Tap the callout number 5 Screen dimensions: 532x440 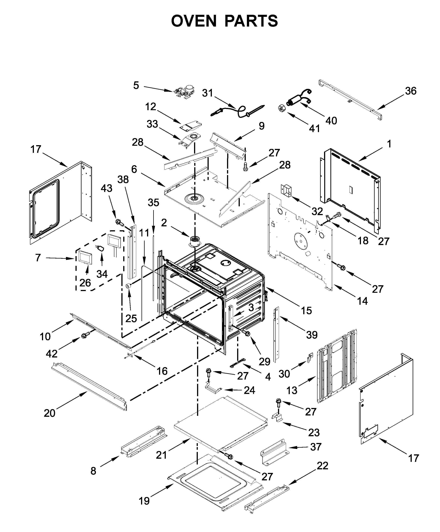click(136, 85)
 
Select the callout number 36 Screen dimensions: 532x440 click(411, 91)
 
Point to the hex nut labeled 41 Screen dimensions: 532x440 click(282, 108)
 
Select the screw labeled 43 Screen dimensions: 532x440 click(119, 223)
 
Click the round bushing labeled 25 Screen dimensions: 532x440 click(129, 286)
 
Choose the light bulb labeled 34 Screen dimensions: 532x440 click(101, 248)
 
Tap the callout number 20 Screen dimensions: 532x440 click(49, 413)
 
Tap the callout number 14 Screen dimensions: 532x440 click(362, 301)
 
